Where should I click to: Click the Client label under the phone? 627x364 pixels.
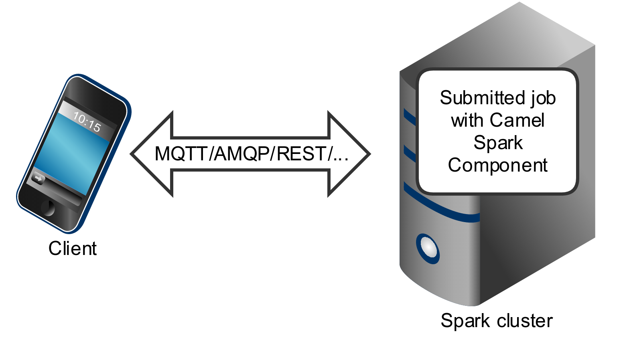(x=73, y=249)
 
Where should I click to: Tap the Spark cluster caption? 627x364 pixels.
(x=497, y=321)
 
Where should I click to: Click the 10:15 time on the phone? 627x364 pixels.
(x=87, y=122)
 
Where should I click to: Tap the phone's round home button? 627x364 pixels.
(x=48, y=208)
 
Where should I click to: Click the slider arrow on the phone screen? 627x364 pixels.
(x=38, y=178)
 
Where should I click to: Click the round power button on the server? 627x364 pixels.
(x=428, y=249)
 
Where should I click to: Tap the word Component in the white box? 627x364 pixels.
(x=498, y=165)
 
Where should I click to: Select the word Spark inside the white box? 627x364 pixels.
(x=498, y=143)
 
